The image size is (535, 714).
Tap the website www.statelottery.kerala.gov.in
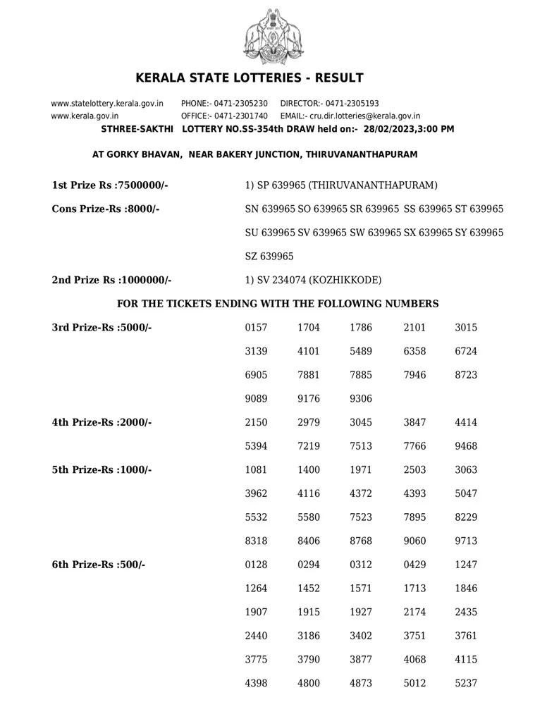click(107, 104)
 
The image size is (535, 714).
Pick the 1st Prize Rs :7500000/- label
click(110, 185)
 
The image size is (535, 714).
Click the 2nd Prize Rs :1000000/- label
click(112, 280)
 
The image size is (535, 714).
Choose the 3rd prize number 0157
click(256, 328)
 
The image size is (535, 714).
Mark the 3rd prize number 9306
click(361, 399)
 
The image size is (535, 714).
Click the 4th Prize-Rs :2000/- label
click(102, 423)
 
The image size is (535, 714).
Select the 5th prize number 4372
click(361, 494)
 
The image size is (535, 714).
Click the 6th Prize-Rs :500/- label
click(99, 565)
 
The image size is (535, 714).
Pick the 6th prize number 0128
click(256, 565)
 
